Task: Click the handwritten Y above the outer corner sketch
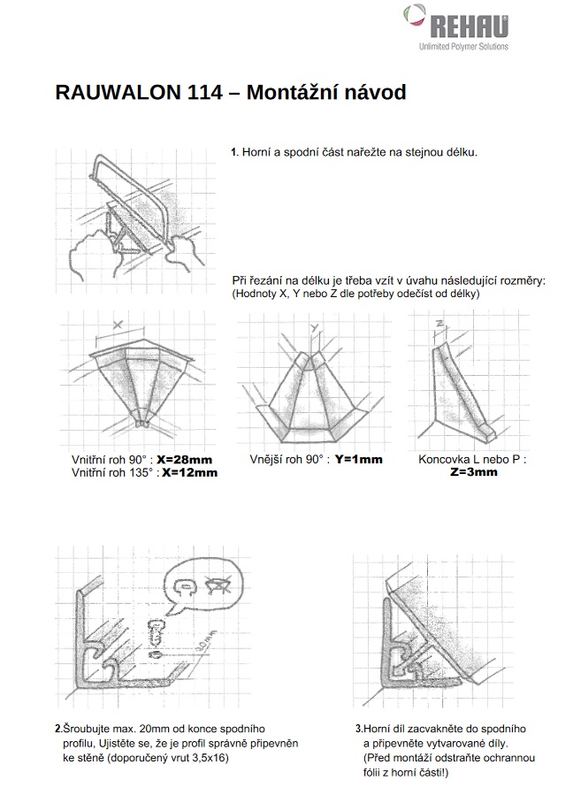click(x=313, y=329)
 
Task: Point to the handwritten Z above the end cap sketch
click(x=439, y=324)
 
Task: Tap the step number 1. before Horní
click(x=234, y=153)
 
